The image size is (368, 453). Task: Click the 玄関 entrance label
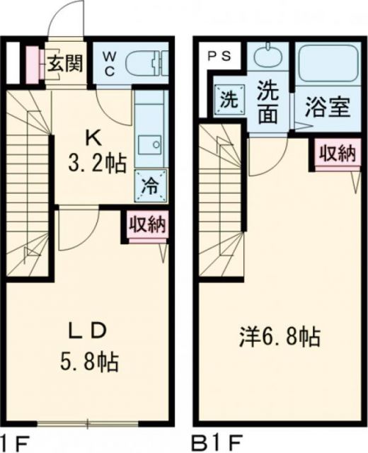64,64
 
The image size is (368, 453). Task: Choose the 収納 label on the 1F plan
147,226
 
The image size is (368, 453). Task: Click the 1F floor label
14,445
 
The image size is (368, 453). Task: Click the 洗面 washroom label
267,103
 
